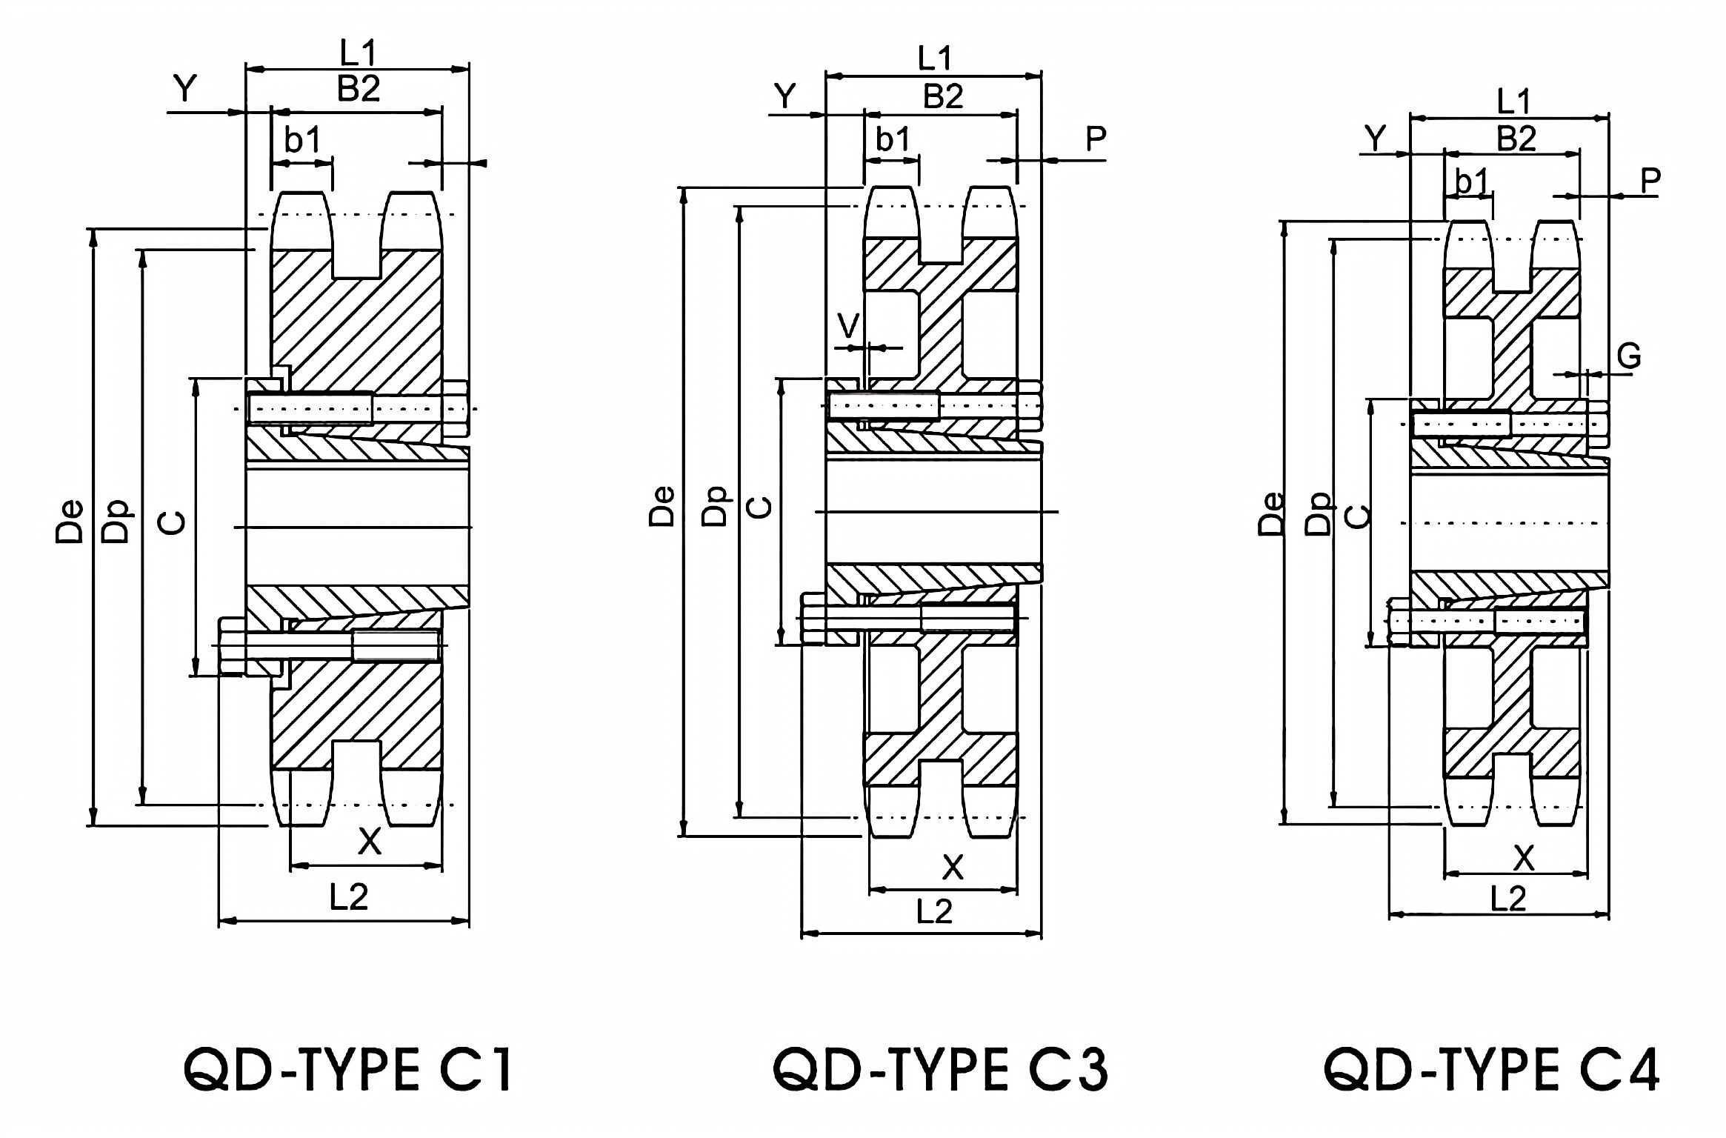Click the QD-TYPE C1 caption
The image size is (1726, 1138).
click(x=348, y=1070)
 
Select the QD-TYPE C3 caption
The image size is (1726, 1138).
click(x=940, y=1070)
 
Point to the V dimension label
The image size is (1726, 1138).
click(x=848, y=325)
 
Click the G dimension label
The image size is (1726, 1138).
click(x=1629, y=357)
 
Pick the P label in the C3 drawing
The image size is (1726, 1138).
click(x=1095, y=139)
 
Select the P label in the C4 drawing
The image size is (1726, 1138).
click(x=1650, y=180)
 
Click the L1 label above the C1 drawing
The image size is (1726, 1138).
click(x=359, y=53)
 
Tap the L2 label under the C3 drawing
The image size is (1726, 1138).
click(x=934, y=911)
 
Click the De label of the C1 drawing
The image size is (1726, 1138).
click(x=70, y=522)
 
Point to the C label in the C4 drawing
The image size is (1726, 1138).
click(x=1358, y=516)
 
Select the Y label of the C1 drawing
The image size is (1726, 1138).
click(x=186, y=89)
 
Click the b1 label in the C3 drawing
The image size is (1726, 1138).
click(x=893, y=139)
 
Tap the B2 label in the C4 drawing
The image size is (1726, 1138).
click(x=1516, y=139)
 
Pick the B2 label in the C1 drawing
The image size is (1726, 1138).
click(x=359, y=90)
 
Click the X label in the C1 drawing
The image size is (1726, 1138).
click(x=370, y=842)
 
